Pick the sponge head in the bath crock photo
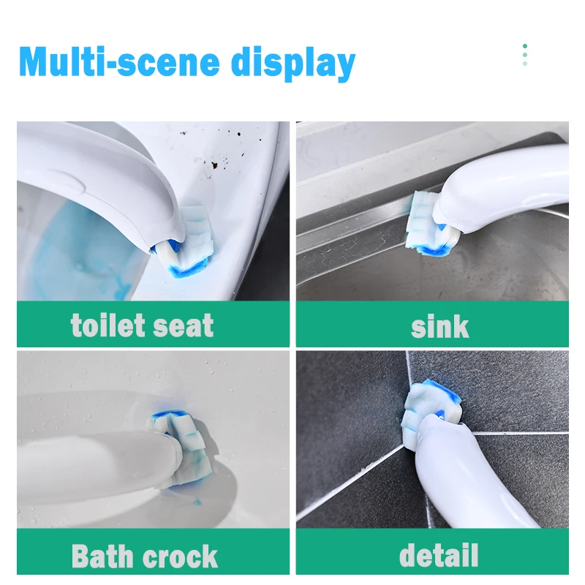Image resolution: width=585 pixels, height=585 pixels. (x=180, y=445)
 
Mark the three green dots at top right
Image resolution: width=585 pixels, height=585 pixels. (x=525, y=55)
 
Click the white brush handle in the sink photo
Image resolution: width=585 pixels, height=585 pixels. (x=512, y=190)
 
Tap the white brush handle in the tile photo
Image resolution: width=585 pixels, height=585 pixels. (x=483, y=468)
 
